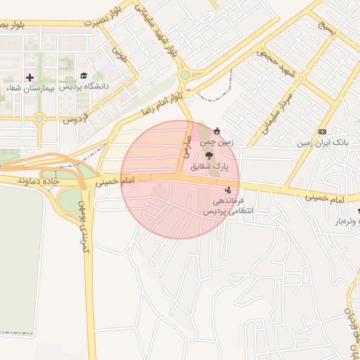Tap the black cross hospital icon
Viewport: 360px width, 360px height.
(x=29, y=77)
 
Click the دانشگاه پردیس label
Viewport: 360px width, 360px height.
(x=84, y=87)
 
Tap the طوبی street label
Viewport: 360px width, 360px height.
(x=120, y=54)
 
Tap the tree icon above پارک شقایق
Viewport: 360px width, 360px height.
(x=210, y=155)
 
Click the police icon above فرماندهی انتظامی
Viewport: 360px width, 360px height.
(x=227, y=189)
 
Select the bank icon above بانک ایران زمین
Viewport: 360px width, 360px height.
(x=322, y=131)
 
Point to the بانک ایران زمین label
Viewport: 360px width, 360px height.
(x=321, y=143)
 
